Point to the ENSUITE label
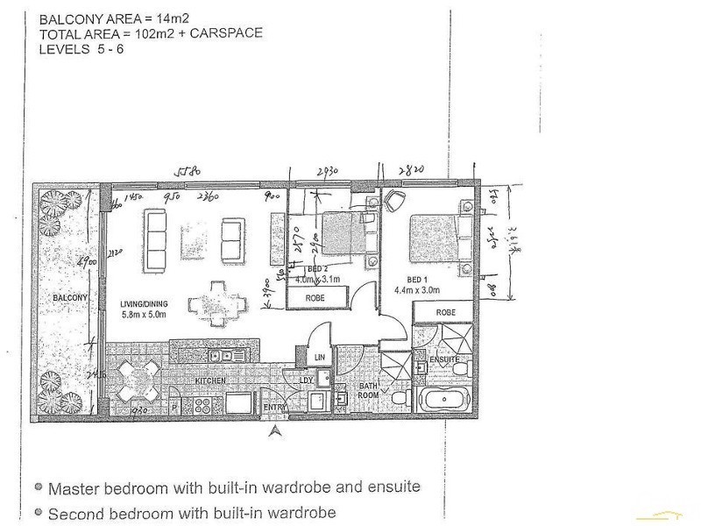(x=444, y=359)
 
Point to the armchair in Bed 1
(x=393, y=201)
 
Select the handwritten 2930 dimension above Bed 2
(x=329, y=169)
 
